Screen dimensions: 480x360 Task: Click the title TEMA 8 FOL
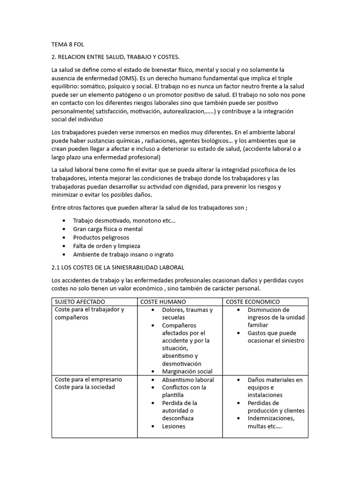point(67,45)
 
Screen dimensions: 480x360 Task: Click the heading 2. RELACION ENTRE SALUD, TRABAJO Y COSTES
point(115,57)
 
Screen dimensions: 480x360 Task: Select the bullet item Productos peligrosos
point(101,238)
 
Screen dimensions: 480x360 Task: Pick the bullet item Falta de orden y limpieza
point(106,246)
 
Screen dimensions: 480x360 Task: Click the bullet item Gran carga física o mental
point(108,229)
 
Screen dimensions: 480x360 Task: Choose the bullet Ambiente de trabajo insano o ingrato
point(123,255)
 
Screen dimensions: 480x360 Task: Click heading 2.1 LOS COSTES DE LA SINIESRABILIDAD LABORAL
point(118,267)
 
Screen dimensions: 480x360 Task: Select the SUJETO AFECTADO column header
point(80,302)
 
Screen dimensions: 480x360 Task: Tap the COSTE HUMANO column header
point(163,302)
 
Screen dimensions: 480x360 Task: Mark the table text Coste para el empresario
point(88,379)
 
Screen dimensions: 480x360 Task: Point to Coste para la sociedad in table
point(85,387)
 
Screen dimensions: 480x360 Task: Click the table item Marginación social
point(187,371)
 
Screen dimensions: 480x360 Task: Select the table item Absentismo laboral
point(188,380)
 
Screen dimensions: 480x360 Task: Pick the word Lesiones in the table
point(173,426)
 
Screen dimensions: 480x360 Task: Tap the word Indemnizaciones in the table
point(271,418)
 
